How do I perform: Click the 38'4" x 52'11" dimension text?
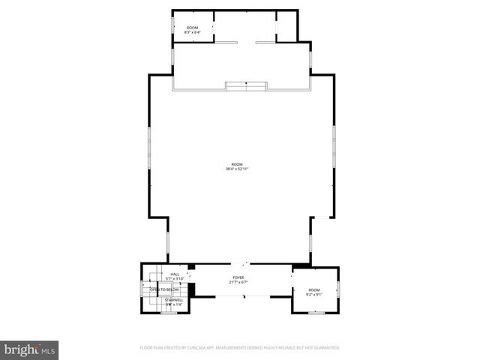[237, 169]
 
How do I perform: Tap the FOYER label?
[238, 277]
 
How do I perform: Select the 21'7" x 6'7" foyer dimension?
[238, 283]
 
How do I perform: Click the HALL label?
[175, 274]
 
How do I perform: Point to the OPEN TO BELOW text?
[164, 289]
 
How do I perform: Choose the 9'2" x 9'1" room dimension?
[313, 295]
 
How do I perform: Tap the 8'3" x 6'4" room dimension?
[193, 32]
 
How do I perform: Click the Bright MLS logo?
[29, 349]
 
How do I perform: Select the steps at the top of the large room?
[247, 86]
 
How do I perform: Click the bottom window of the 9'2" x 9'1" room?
[316, 312]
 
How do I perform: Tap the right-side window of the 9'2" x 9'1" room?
[338, 288]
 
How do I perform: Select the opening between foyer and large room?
[239, 263]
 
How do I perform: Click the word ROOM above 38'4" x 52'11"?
[237, 164]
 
